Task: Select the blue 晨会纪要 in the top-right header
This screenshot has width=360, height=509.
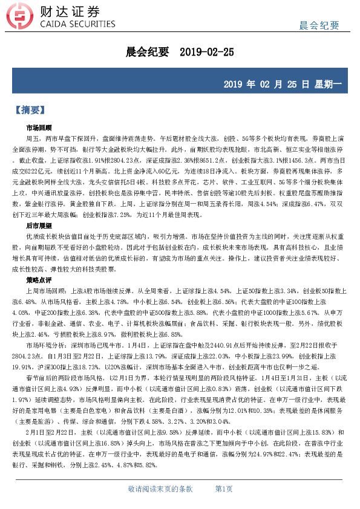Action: [320, 25]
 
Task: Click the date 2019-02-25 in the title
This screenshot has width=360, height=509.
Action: [207, 53]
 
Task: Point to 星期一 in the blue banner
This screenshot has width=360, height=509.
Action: [329, 84]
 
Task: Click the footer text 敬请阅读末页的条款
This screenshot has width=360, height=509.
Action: [160, 488]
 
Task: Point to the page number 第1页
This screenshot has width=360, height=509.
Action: [224, 488]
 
